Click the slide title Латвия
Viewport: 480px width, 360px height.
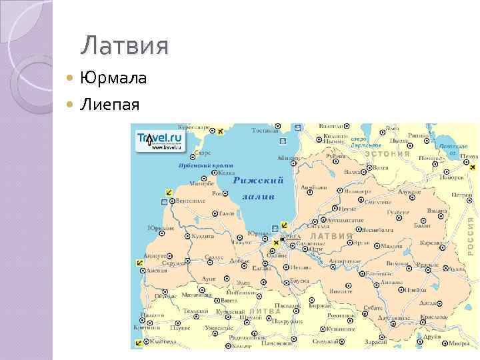coord(125,47)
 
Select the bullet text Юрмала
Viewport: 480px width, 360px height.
coord(113,79)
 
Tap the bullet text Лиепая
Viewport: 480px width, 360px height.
coord(110,104)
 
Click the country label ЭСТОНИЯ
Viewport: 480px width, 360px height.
coord(387,153)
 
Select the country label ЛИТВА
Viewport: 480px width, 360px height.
coord(265,311)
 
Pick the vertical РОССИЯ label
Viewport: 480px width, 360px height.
coord(470,233)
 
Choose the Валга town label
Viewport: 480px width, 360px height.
coord(377,168)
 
